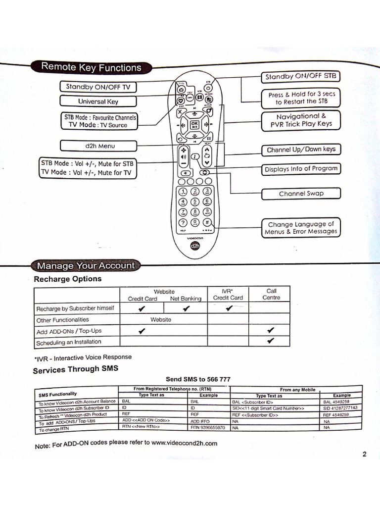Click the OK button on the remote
tap(194, 125)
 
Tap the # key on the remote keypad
tap(207, 222)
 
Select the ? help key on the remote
tap(183, 222)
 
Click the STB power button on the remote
tap(208, 88)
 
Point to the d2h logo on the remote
tap(194, 246)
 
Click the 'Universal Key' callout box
tap(98, 101)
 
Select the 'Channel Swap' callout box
tap(301, 194)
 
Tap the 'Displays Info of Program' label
tap(301, 169)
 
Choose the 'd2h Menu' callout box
tap(98, 146)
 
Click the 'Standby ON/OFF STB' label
tap(300, 77)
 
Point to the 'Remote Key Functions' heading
tap(91, 67)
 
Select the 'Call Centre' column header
tap(271, 295)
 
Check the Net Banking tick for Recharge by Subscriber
tap(186, 309)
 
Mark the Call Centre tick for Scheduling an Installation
tap(271, 341)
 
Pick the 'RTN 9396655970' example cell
tap(208, 427)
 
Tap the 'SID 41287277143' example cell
tap(340, 408)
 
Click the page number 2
tap(364, 455)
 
